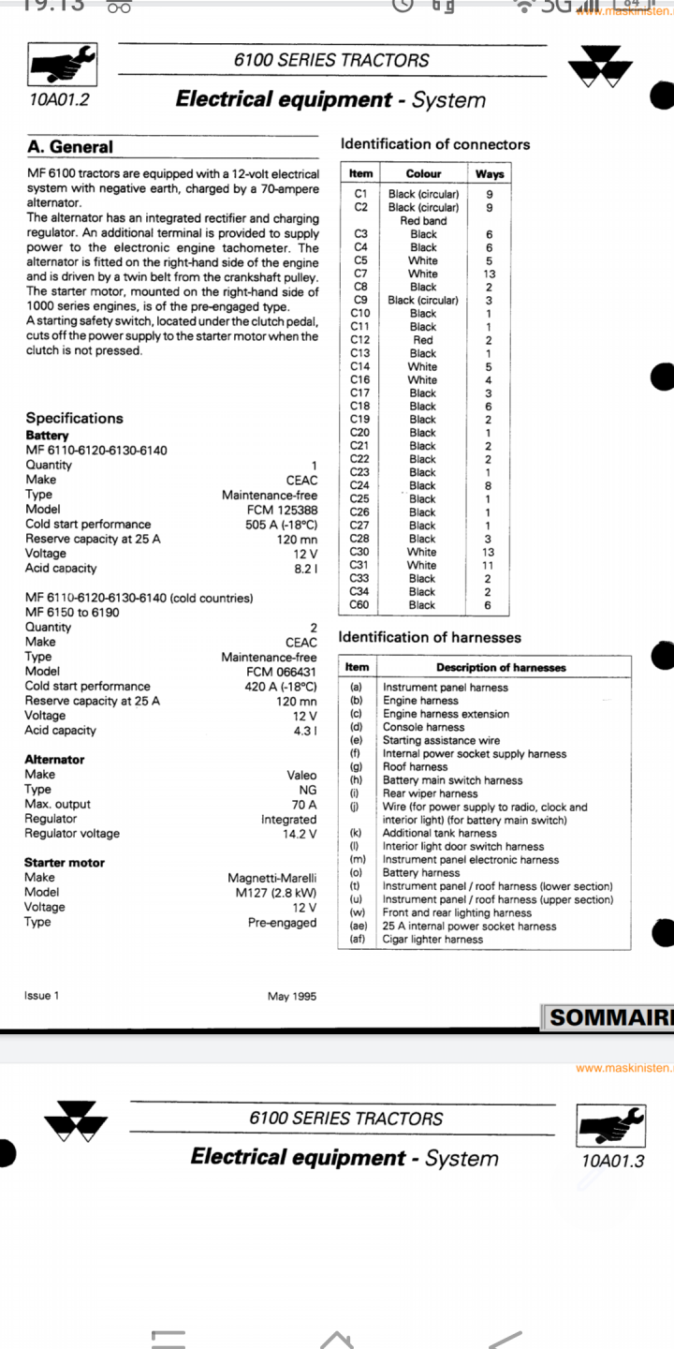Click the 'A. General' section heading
[x=69, y=147]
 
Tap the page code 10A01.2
[x=58, y=100]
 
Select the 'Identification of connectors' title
[x=434, y=144]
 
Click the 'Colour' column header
[x=423, y=174]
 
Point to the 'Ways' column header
[x=489, y=174]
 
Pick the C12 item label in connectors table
[x=360, y=340]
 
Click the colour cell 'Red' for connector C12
[x=423, y=340]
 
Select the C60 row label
[x=360, y=605]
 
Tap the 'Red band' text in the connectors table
[x=423, y=221]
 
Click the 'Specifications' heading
[x=74, y=418]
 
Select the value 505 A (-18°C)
[x=281, y=525]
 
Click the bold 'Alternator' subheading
[x=54, y=760]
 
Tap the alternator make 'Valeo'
[x=301, y=775]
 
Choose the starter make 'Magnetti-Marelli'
[x=271, y=878]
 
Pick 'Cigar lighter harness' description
[x=432, y=939]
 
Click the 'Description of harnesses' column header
[x=501, y=668]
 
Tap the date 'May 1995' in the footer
[x=292, y=996]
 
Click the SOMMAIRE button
[x=608, y=1017]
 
